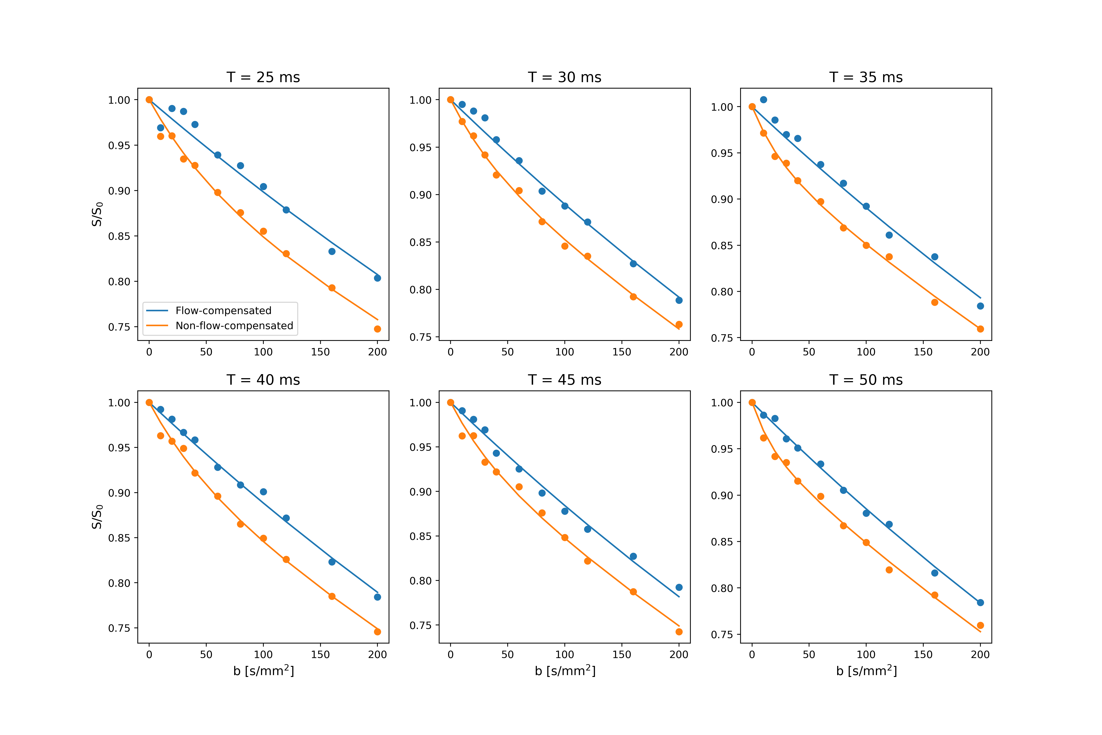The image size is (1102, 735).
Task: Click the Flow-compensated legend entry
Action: [223, 310]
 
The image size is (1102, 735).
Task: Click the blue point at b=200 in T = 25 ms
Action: [377, 278]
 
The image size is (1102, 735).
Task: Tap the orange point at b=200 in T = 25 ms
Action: [377, 329]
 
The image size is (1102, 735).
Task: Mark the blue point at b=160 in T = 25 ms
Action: [332, 251]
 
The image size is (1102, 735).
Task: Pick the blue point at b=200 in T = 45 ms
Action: [679, 587]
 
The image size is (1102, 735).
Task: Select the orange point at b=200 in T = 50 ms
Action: [980, 625]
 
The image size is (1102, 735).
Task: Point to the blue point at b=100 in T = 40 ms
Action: [263, 492]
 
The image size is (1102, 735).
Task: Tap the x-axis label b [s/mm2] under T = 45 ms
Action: [565, 671]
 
